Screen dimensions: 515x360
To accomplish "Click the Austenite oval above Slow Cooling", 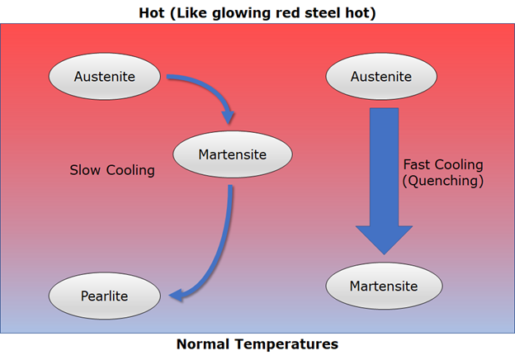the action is pyautogui.click(x=105, y=76).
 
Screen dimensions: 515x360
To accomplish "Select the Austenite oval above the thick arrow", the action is pyautogui.click(x=381, y=76).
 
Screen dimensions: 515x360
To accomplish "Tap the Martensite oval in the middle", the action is pyautogui.click(x=233, y=154).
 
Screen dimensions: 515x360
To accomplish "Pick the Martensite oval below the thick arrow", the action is pyautogui.click(x=384, y=286).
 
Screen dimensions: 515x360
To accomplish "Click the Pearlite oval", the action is pyautogui.click(x=105, y=296).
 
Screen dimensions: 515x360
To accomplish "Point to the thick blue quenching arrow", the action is pyautogui.click(x=384, y=181).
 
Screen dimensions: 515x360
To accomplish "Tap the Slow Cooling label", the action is pyautogui.click(x=112, y=170).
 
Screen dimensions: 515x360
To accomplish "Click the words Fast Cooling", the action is pyautogui.click(x=443, y=164).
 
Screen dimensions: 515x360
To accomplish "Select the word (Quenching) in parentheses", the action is pyautogui.click(x=443, y=180).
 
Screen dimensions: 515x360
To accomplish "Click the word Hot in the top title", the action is pyautogui.click(x=151, y=13).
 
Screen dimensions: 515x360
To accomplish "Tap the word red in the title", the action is pyautogui.click(x=289, y=13).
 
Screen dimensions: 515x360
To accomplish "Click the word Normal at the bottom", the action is pyautogui.click(x=203, y=344).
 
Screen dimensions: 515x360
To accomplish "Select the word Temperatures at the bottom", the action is pyautogui.click(x=286, y=344).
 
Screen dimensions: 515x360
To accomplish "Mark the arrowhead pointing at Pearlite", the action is pyautogui.click(x=176, y=295).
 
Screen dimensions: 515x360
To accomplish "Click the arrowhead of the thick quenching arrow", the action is pyautogui.click(x=384, y=240).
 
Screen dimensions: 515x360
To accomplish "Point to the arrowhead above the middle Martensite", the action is pyautogui.click(x=228, y=117).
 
